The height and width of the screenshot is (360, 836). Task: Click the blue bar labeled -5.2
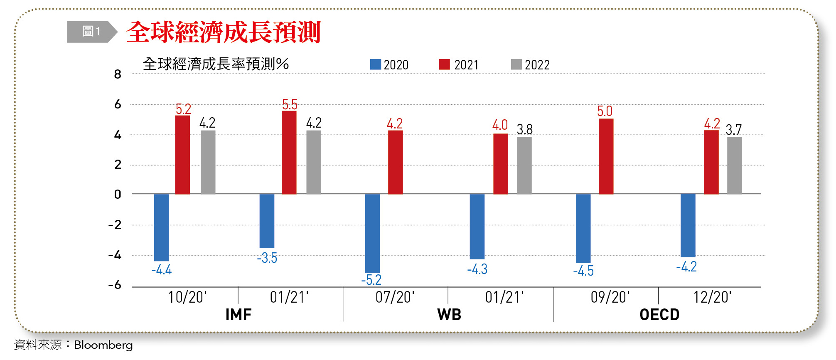(372, 233)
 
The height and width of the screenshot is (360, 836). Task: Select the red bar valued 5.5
(289, 152)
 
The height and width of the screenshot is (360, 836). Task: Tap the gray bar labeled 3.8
(524, 165)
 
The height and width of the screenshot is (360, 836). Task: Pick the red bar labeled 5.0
(606, 156)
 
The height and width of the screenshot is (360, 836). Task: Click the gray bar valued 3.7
(734, 165)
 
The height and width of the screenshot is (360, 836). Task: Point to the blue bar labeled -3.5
(267, 221)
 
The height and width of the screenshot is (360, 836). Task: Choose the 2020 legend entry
(389, 65)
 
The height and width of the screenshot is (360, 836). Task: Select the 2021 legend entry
(459, 65)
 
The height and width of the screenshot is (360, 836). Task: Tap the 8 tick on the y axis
(118, 74)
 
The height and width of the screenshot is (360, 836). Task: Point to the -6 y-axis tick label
(115, 285)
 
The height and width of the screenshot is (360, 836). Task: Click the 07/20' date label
(395, 297)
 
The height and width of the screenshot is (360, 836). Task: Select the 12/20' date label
(712, 297)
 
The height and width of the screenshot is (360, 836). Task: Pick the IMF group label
(239, 315)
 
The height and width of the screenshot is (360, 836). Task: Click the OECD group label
(659, 315)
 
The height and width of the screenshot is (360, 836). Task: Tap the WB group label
(449, 315)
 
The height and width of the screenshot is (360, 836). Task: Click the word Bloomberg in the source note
(103, 345)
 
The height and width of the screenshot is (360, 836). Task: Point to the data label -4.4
(162, 270)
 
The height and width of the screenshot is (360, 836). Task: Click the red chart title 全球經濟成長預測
(224, 32)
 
